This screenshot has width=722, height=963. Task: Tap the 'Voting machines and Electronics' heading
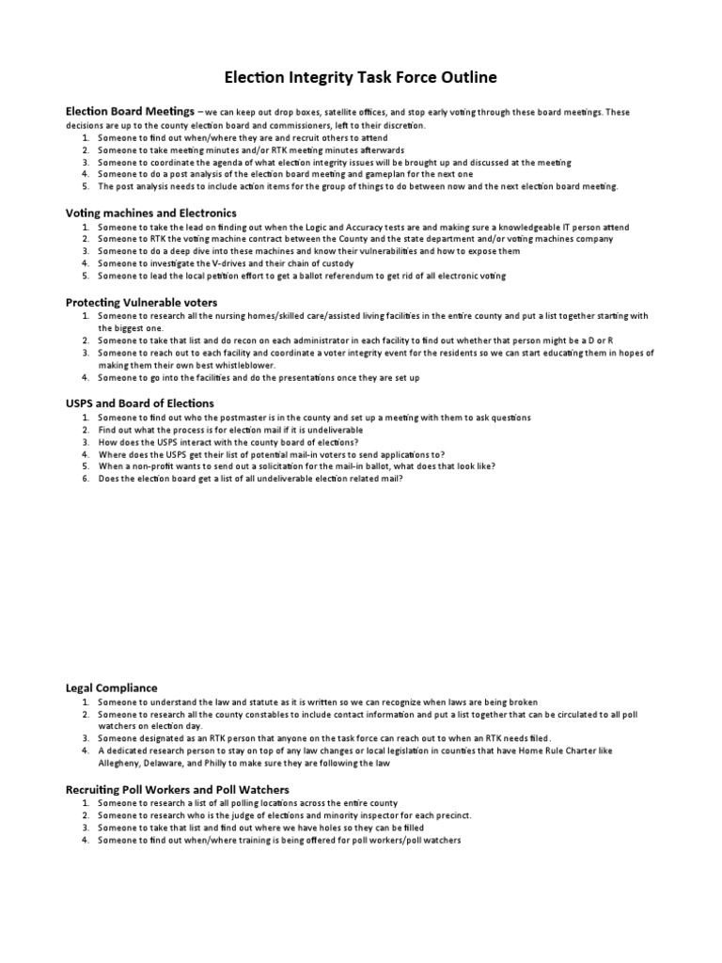tap(150, 213)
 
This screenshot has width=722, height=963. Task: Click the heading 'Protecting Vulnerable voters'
tap(141, 302)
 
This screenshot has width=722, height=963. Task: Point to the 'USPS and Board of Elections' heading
tap(139, 403)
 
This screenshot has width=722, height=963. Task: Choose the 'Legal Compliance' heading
tap(111, 687)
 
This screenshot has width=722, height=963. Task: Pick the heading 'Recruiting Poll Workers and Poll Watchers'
tap(177, 789)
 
